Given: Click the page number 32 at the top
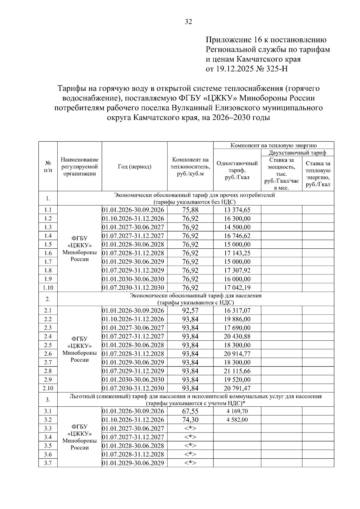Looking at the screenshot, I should (x=188, y=22).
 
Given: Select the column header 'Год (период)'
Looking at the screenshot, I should (x=134, y=167).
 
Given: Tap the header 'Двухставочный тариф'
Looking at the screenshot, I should (x=297, y=153).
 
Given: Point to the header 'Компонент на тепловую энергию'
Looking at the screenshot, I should (x=273, y=145).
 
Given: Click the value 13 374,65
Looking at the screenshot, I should (x=237, y=210).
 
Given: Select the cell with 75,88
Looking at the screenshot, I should (x=190, y=210).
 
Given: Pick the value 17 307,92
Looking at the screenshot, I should (x=237, y=270).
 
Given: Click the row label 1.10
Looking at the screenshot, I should (x=48, y=288).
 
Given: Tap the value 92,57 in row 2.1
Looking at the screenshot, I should (x=190, y=310).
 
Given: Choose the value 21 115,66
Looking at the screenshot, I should (x=237, y=371).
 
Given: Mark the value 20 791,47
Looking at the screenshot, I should (x=237, y=388).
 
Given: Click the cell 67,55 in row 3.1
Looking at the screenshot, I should (x=190, y=411).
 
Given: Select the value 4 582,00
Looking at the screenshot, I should (x=237, y=420).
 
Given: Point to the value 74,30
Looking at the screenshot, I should (x=190, y=420).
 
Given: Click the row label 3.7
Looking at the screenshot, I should (x=48, y=463).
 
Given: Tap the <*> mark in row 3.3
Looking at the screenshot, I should (x=190, y=428).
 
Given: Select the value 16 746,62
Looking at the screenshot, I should (x=237, y=236).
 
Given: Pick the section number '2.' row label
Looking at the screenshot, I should (x=48, y=299).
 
